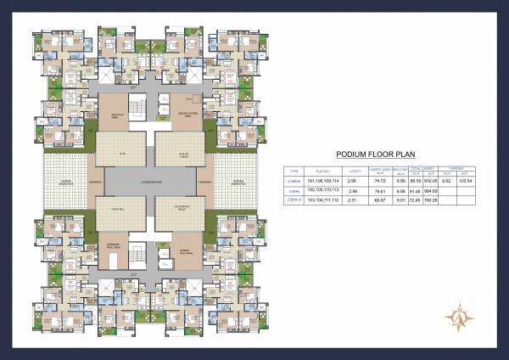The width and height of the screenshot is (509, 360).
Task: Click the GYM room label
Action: coord(120,155)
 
